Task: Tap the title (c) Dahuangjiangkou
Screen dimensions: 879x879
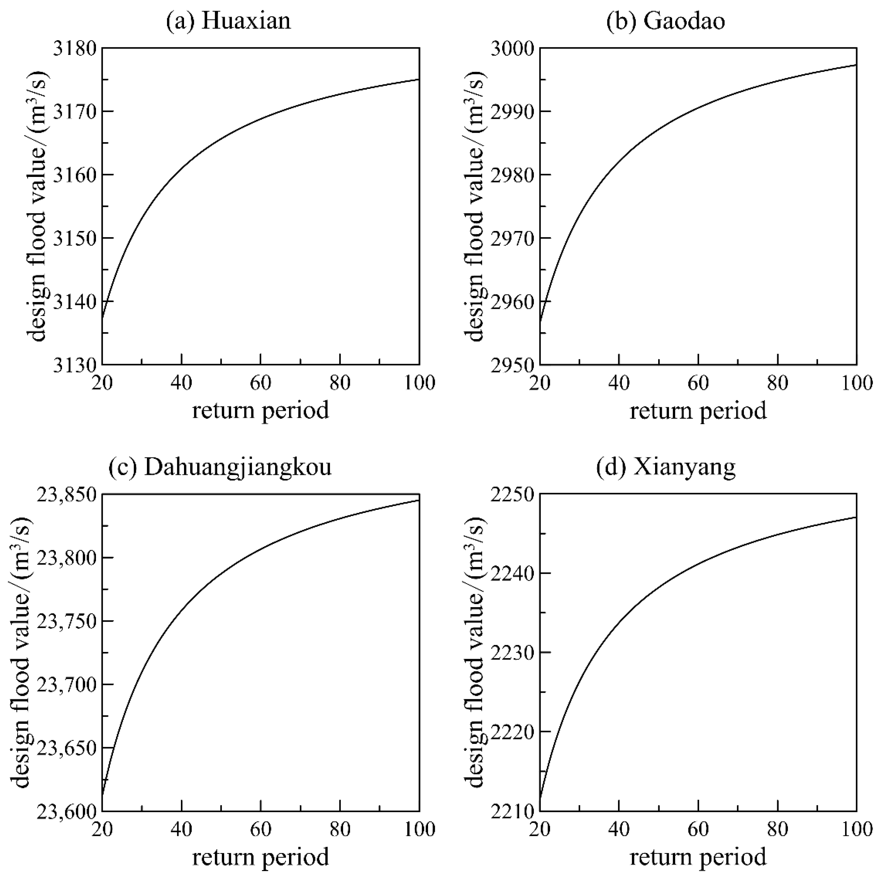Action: [220, 468]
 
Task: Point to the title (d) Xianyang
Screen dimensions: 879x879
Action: [666, 468]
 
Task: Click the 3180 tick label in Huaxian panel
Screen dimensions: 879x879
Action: [75, 48]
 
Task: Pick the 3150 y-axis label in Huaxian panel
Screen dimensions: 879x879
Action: [75, 238]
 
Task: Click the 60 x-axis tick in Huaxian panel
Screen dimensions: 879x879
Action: [261, 383]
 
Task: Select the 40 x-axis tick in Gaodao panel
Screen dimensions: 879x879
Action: [619, 383]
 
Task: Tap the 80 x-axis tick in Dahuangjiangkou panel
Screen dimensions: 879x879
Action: [340, 829]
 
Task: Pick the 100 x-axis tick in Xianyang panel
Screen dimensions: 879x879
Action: [857, 829]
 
